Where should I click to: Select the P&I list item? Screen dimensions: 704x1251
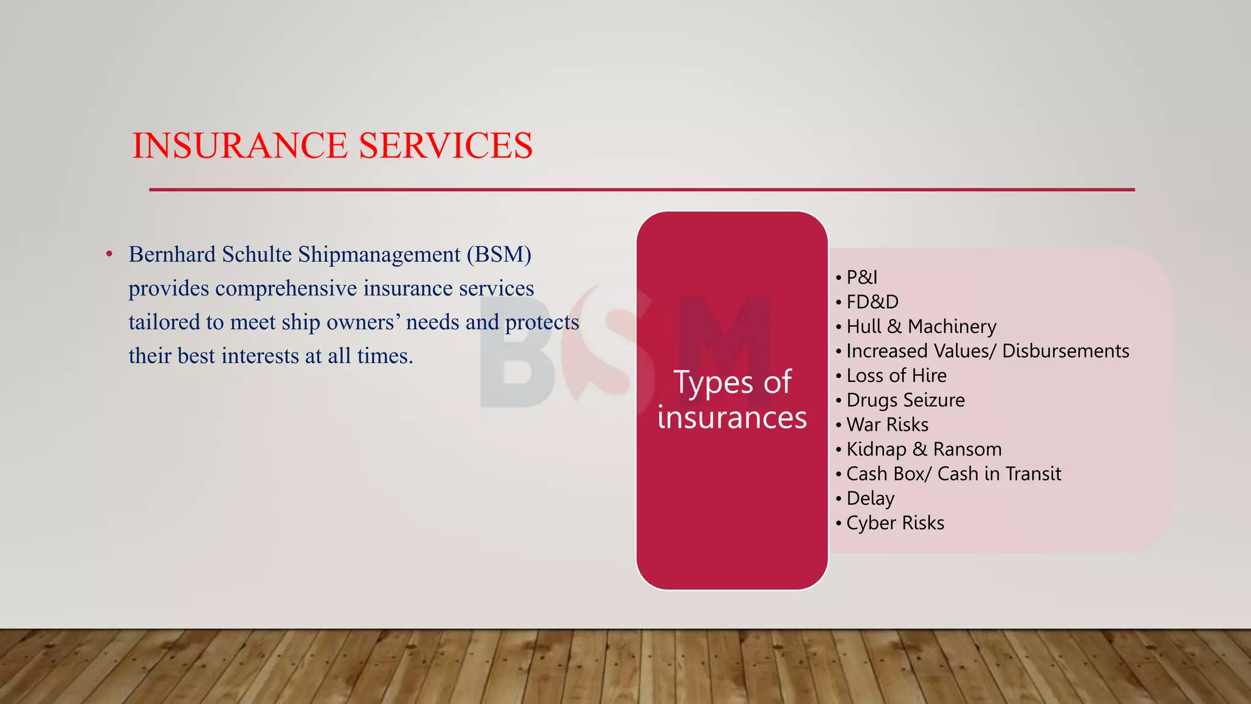861,277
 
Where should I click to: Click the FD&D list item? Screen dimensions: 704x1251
872,302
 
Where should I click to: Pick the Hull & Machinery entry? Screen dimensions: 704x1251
921,326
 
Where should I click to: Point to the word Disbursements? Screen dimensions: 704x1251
1065,351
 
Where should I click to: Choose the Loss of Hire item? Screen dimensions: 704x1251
896,375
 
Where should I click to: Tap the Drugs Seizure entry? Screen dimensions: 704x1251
905,400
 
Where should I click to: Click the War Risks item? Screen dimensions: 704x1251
887,425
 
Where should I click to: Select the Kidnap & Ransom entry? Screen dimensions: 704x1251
924,449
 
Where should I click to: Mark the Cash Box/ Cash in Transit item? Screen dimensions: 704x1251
953,474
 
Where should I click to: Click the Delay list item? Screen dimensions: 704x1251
870,498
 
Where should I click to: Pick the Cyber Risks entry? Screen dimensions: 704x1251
895,523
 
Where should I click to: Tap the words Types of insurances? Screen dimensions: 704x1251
732,400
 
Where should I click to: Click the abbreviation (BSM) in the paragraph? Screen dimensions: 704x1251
499,254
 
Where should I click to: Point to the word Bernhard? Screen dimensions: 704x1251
172,254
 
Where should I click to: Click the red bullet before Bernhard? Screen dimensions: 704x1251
109,254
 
